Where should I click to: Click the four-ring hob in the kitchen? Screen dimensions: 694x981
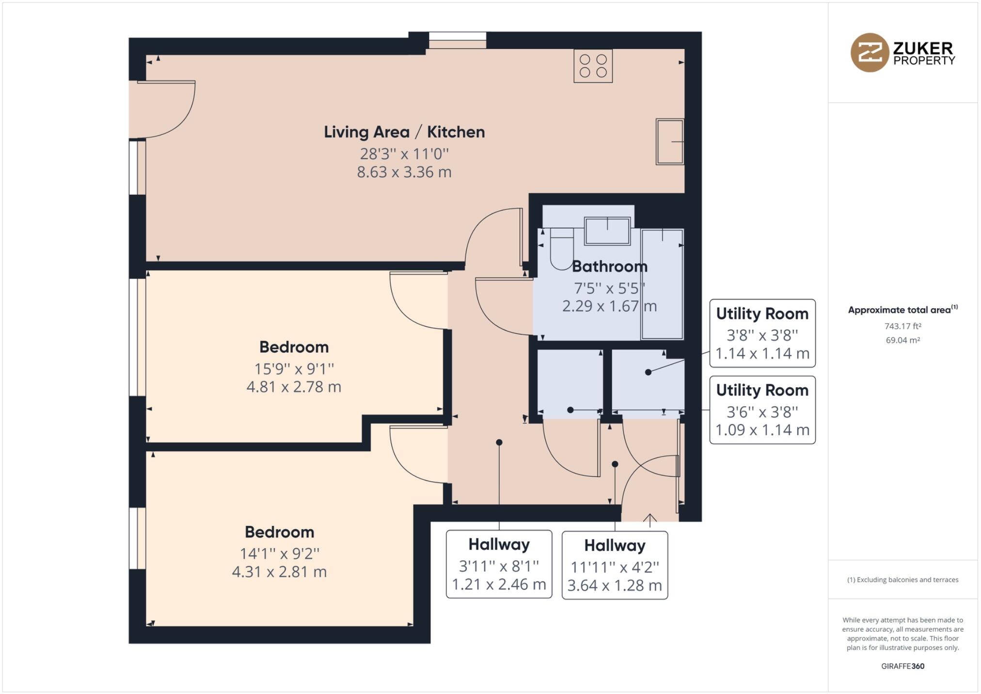pyautogui.click(x=593, y=66)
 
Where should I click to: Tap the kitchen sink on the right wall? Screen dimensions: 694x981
pyautogui.click(x=670, y=142)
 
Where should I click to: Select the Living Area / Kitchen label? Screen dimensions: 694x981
pyautogui.click(x=404, y=132)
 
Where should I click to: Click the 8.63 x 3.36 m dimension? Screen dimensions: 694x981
pyautogui.click(x=404, y=172)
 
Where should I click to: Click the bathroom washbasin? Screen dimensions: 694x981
pyautogui.click(x=607, y=231)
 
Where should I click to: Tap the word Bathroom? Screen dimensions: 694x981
pyautogui.click(x=609, y=266)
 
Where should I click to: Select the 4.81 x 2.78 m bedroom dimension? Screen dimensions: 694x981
pyautogui.click(x=294, y=387)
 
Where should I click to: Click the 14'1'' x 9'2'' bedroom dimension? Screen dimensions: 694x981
pyautogui.click(x=280, y=553)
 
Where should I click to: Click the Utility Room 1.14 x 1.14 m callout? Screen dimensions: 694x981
pyautogui.click(x=762, y=333)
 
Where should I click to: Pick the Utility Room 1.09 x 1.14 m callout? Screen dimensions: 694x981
pyautogui.click(x=762, y=410)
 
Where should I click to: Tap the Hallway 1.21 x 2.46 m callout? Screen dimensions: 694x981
pyautogui.click(x=499, y=564)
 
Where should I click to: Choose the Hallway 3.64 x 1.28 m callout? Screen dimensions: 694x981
pyautogui.click(x=615, y=565)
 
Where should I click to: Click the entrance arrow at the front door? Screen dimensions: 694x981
pyautogui.click(x=649, y=520)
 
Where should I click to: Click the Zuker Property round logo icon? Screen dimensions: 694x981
pyautogui.click(x=870, y=52)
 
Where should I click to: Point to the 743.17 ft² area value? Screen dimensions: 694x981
pyautogui.click(x=902, y=326)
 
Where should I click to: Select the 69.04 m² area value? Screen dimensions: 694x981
pyautogui.click(x=902, y=340)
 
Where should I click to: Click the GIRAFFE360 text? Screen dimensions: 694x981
pyautogui.click(x=902, y=666)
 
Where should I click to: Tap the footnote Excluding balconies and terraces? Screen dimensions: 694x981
pyautogui.click(x=902, y=580)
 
